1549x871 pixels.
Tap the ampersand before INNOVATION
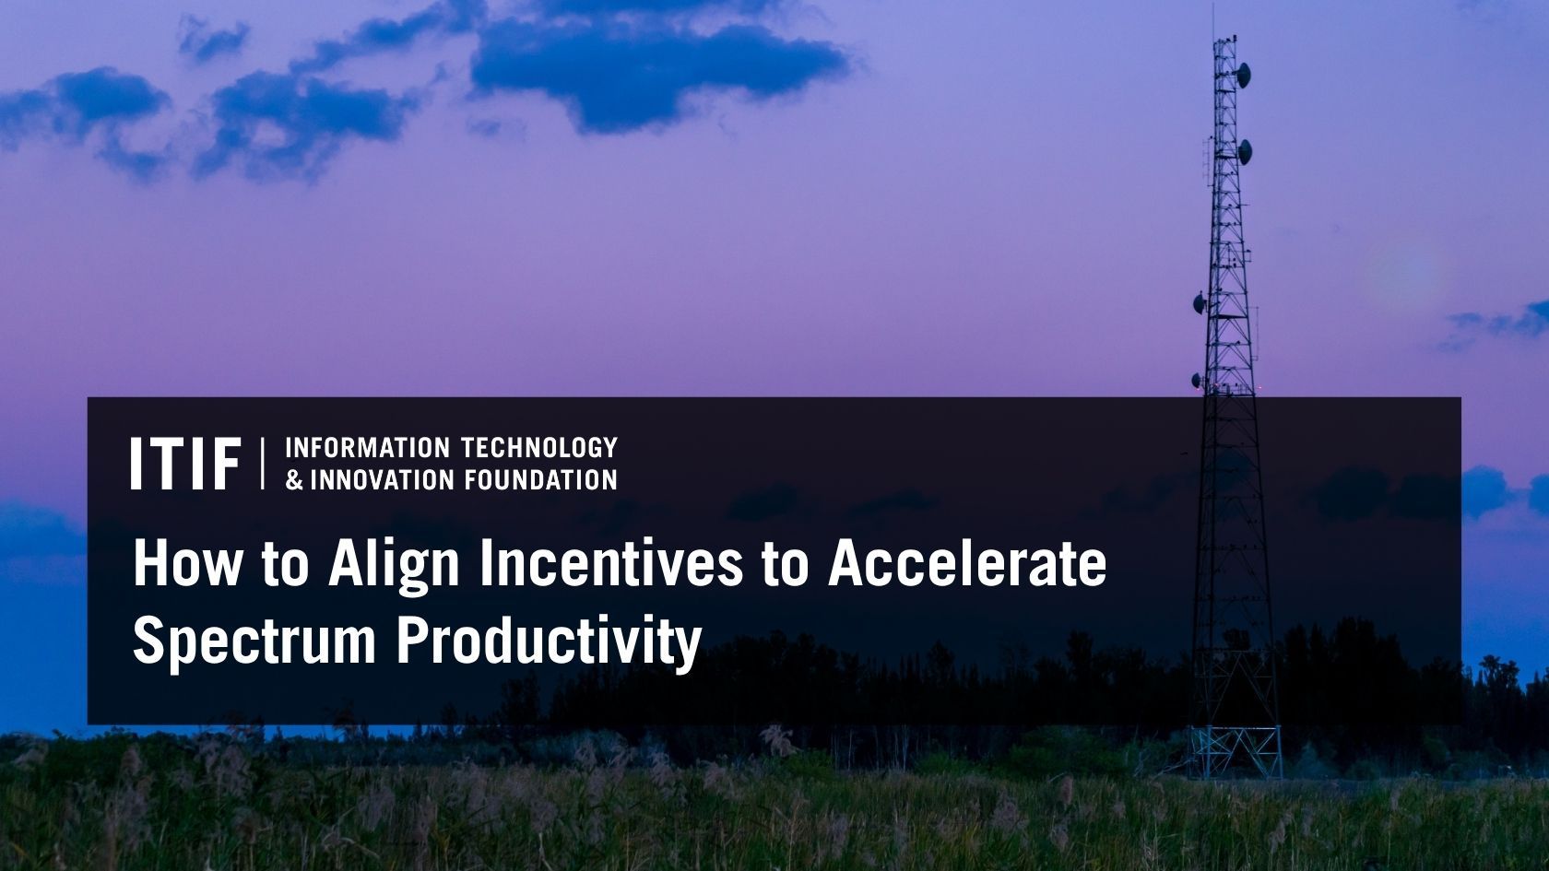294,480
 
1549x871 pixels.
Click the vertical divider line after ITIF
264,464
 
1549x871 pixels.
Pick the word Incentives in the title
609,563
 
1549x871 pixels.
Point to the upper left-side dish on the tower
1200,300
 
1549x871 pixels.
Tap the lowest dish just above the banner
1197,379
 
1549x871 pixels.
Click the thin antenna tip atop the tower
1214,18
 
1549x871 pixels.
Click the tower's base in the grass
1234,751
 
